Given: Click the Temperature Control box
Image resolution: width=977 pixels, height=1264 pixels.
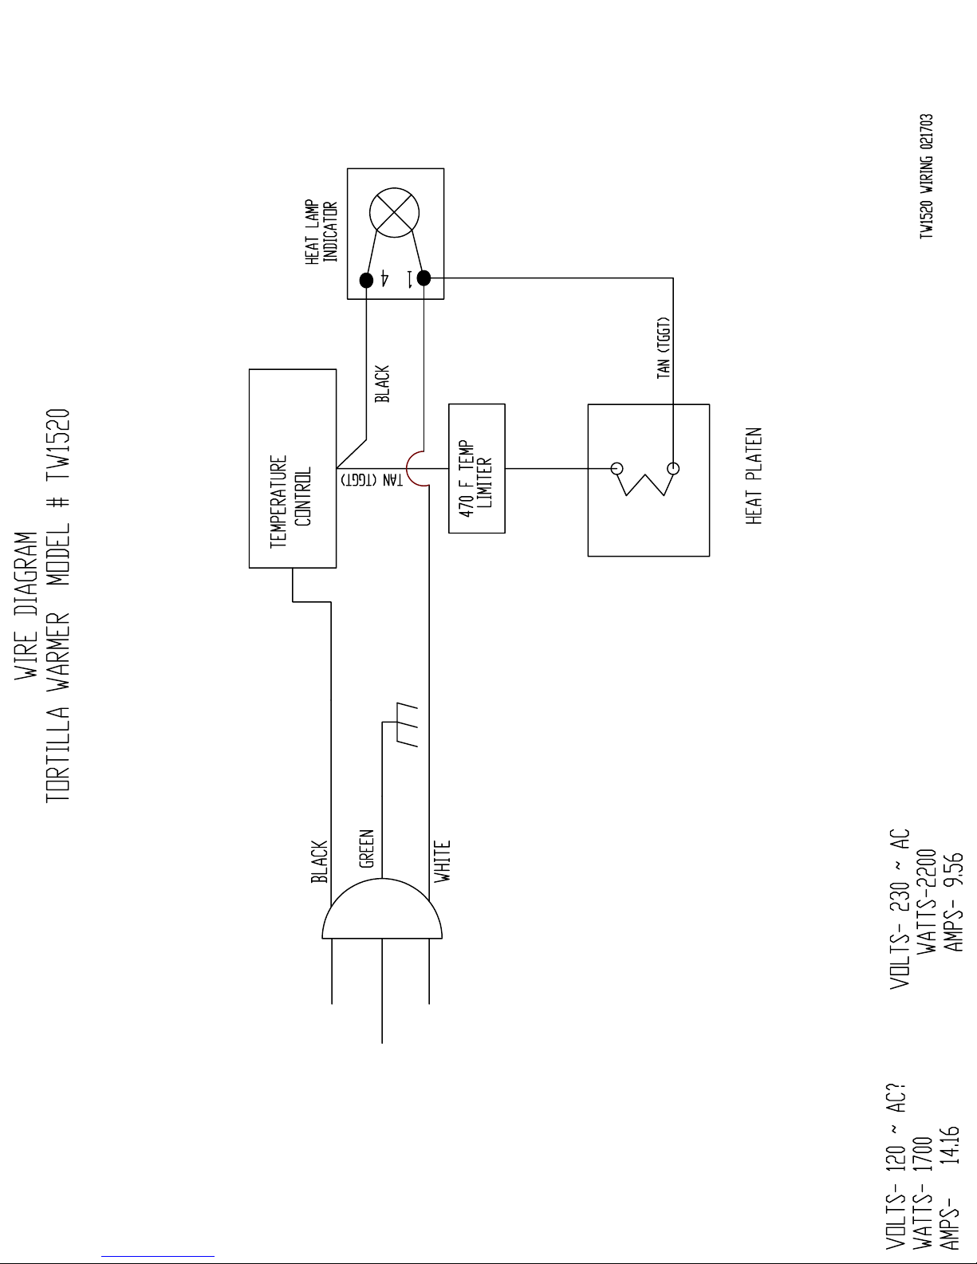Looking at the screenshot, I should point(292,468).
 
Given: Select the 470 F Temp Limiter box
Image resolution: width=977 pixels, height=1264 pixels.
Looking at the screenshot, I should point(477,468).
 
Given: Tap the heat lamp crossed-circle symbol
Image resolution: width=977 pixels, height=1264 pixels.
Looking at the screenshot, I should point(395,213).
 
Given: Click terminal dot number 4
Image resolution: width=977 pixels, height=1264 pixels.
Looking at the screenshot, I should point(366,280).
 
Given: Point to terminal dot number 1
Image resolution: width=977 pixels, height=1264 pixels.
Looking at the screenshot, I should point(423,278).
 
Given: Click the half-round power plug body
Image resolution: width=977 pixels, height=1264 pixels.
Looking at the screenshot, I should point(382,910).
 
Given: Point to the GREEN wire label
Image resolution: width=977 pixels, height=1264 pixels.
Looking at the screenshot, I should point(366,849).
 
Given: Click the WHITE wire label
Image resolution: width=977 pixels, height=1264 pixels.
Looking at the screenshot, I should point(443,860).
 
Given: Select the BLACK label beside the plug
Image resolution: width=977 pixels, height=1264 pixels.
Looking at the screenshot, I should point(319,861).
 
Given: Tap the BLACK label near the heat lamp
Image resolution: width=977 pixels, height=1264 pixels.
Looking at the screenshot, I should point(382,384).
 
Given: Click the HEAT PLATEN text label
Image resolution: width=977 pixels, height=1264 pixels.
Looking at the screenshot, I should point(754,476).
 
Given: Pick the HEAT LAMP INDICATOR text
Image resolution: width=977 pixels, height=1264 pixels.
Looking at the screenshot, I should point(322,231).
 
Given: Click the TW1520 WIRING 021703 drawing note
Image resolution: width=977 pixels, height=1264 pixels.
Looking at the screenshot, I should point(926,176).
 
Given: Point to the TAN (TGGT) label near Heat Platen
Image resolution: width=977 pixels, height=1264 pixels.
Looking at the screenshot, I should point(664,348).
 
